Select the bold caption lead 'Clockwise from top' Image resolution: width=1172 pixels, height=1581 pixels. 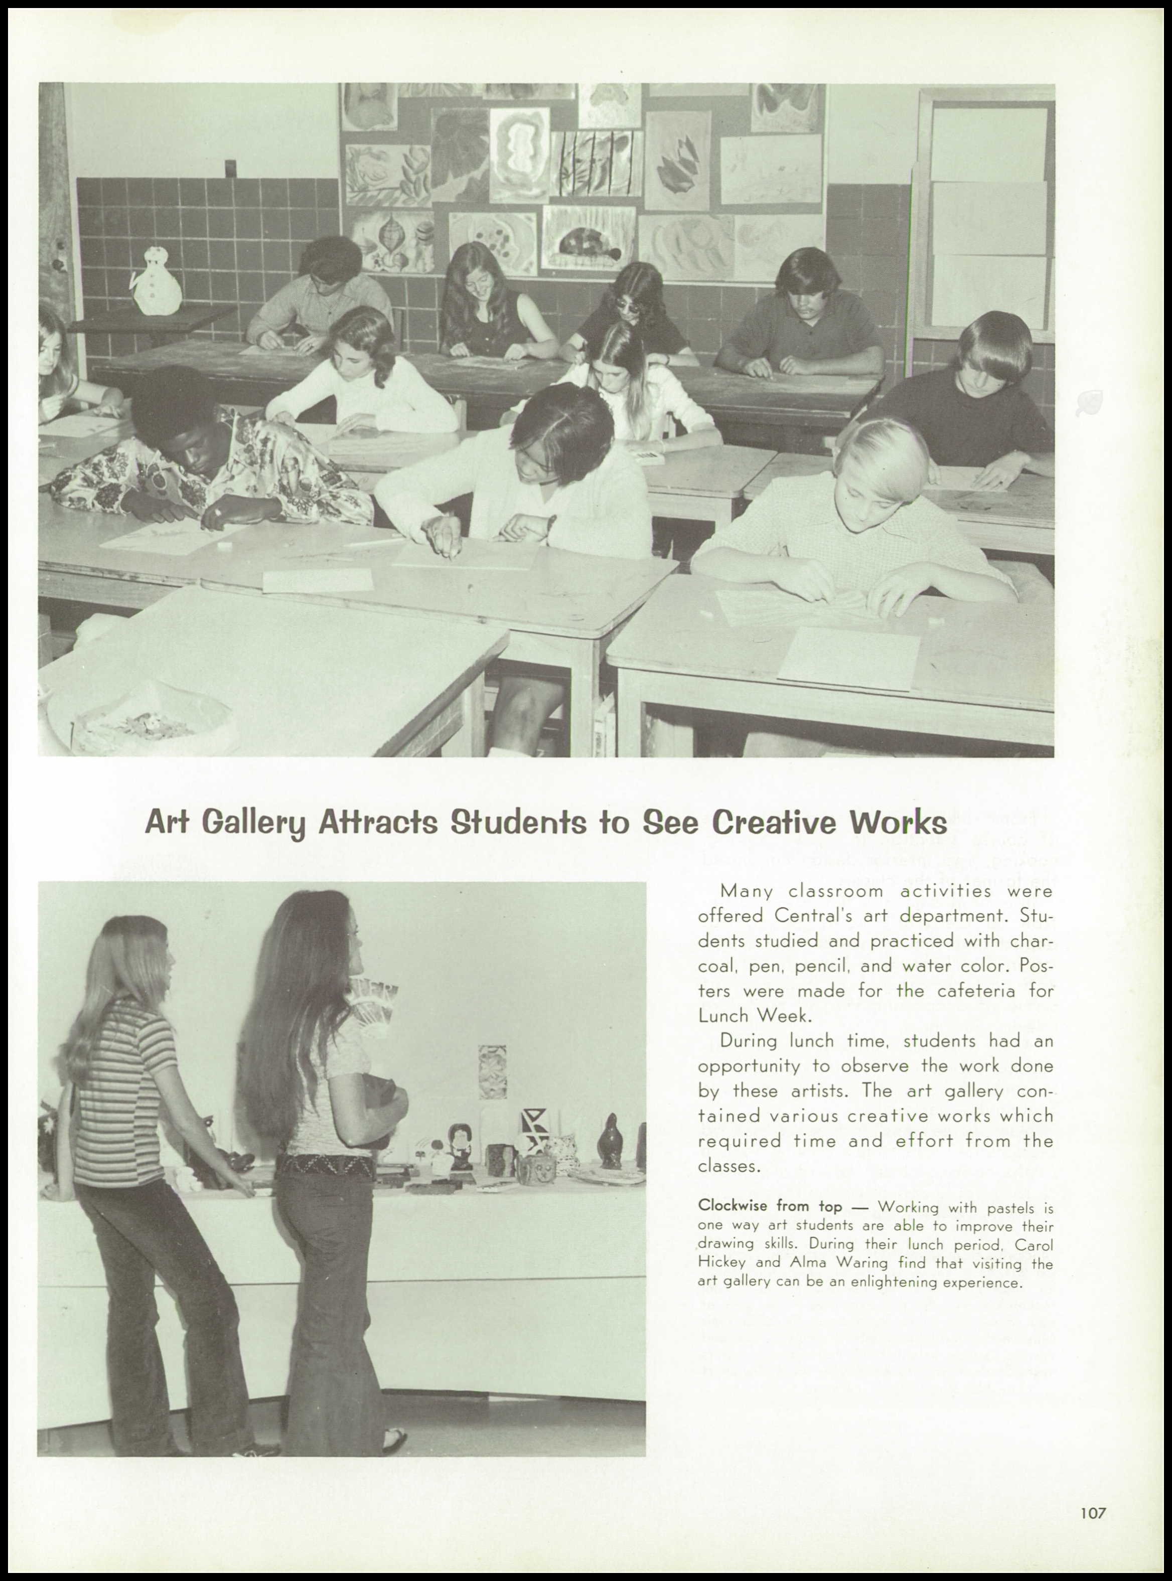tap(770, 1206)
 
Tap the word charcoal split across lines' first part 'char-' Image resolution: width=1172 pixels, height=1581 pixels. tap(1032, 941)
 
